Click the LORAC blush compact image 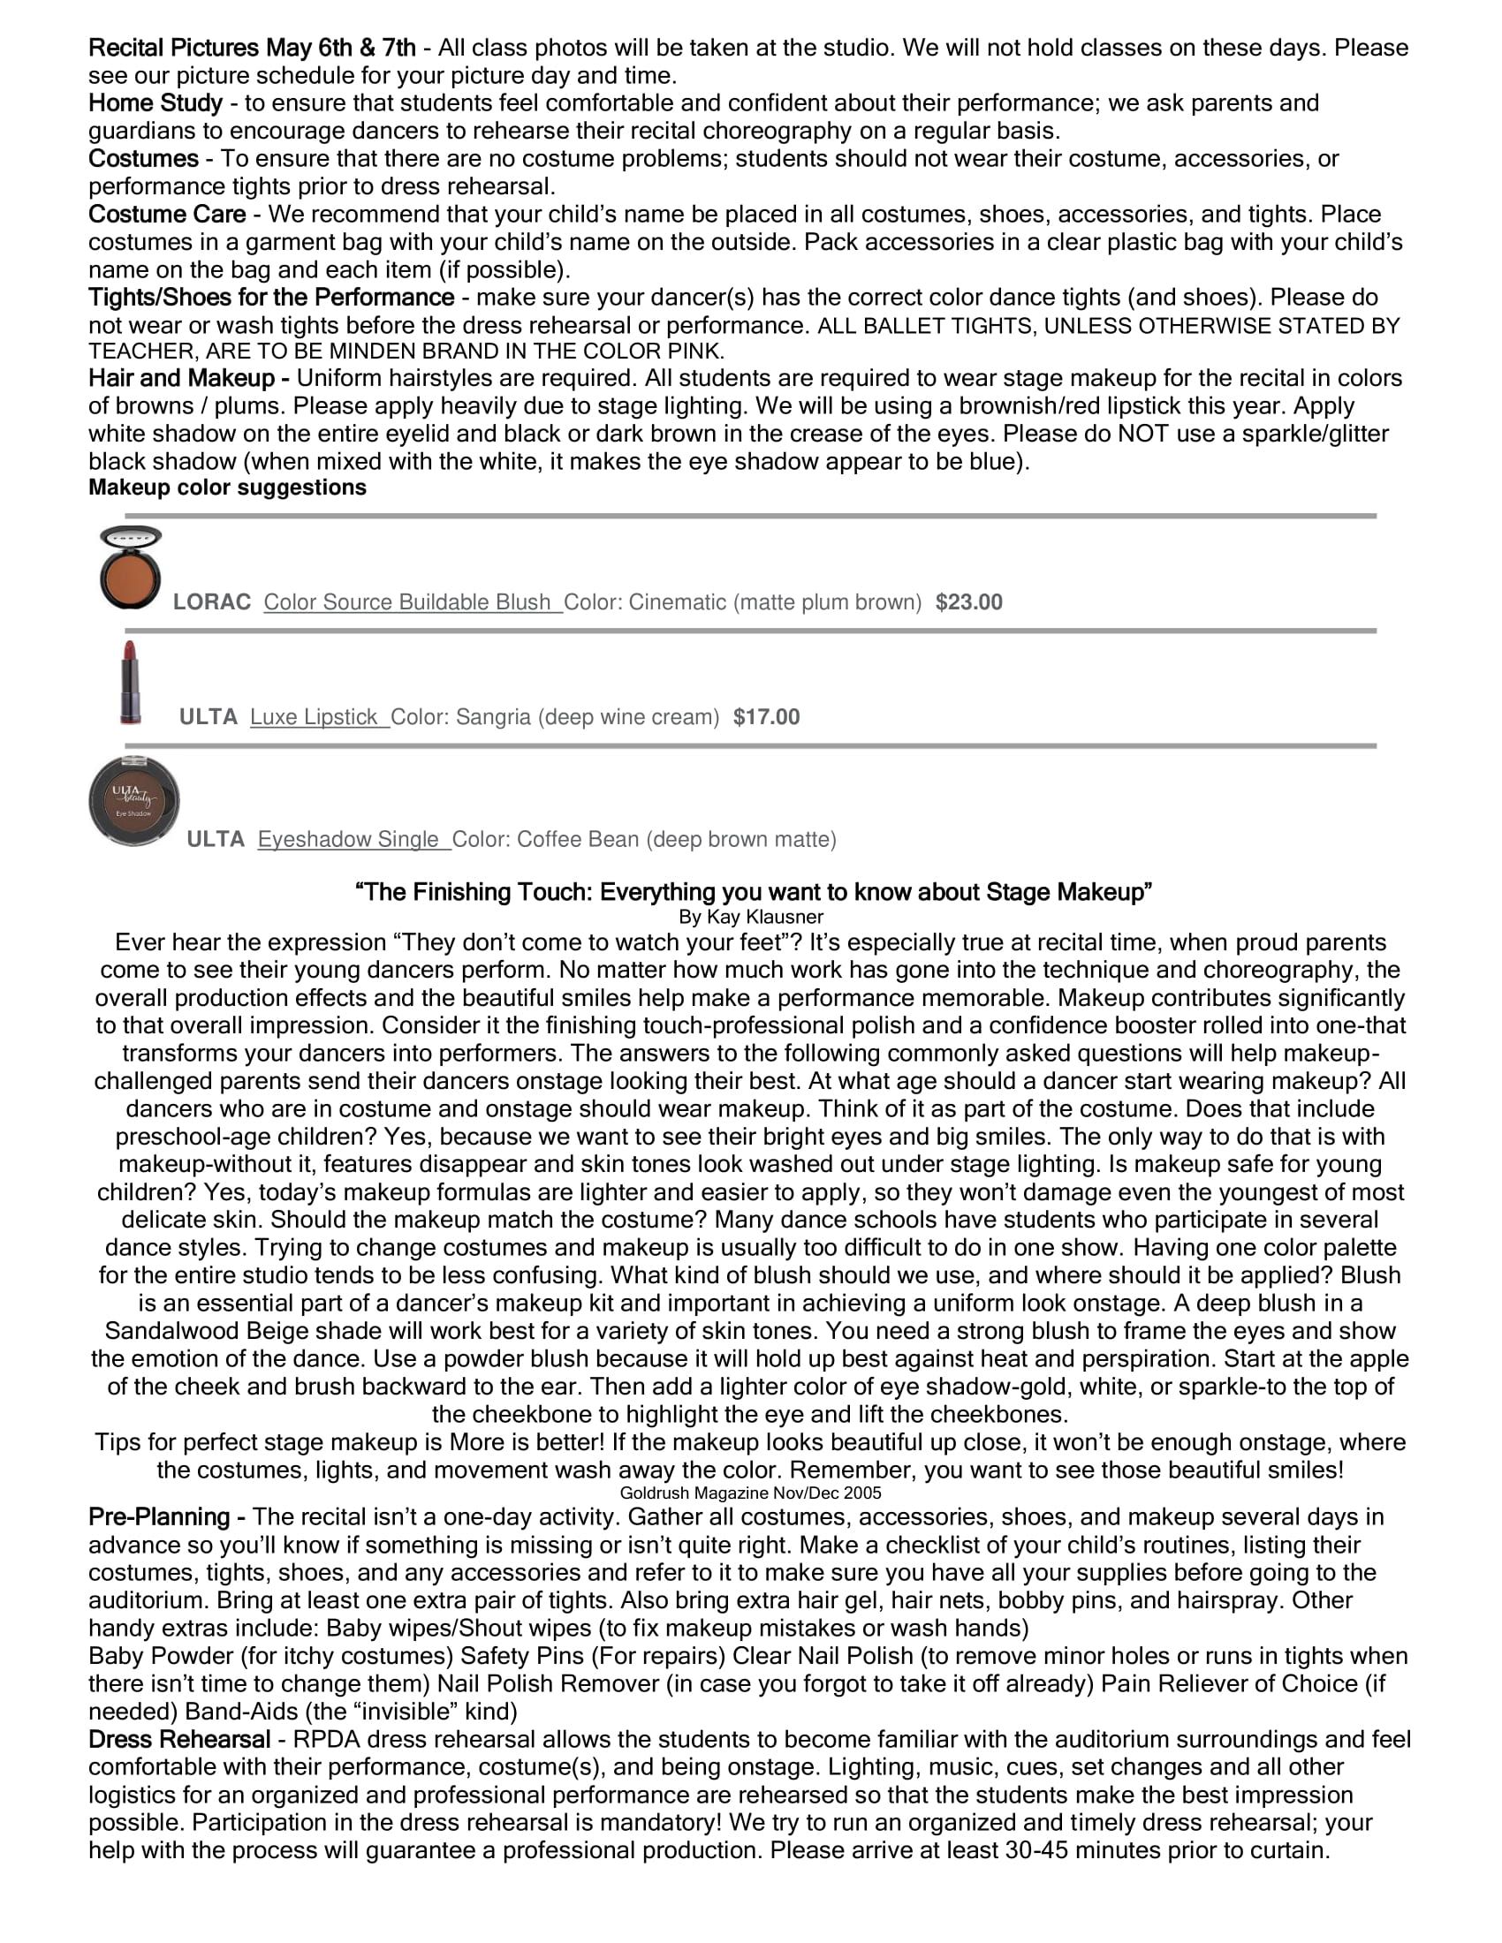pyautogui.click(x=130, y=569)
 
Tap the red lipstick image pyautogui.click(x=130, y=683)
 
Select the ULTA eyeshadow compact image pyautogui.click(x=133, y=801)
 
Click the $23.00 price pyautogui.click(x=968, y=602)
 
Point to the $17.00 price pyautogui.click(x=766, y=717)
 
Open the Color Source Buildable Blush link pyautogui.click(x=412, y=602)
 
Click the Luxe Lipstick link pyautogui.click(x=319, y=717)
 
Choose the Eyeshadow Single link pyautogui.click(x=353, y=839)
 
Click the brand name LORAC pyautogui.click(x=212, y=602)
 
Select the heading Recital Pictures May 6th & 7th pyautogui.click(x=252, y=48)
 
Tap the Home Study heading pyautogui.click(x=155, y=103)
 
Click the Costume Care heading pyautogui.click(x=167, y=215)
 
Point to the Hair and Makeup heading pyautogui.click(x=187, y=378)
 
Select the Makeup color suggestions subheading pyautogui.click(x=227, y=488)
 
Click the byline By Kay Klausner pyautogui.click(x=751, y=917)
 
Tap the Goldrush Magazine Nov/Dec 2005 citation pyautogui.click(x=751, y=1493)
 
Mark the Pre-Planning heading pyautogui.click(x=166, y=1516)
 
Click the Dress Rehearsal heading pyautogui.click(x=178, y=1739)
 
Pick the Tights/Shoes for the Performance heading pyautogui.click(x=270, y=297)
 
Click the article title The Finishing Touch pyautogui.click(x=753, y=891)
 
